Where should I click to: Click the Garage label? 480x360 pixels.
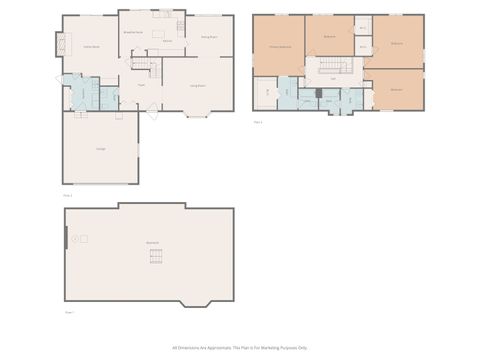101,149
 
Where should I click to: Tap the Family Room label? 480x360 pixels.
90,47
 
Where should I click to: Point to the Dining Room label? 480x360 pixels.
208,36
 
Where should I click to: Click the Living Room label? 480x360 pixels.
198,87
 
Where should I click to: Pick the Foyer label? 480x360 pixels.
141,87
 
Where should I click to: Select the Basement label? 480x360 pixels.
152,244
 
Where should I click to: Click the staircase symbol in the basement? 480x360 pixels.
154,259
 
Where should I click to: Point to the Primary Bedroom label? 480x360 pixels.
279,47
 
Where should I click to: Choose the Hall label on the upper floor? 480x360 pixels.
333,79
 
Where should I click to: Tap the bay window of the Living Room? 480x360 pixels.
198,116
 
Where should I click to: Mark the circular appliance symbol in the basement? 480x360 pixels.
84,238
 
